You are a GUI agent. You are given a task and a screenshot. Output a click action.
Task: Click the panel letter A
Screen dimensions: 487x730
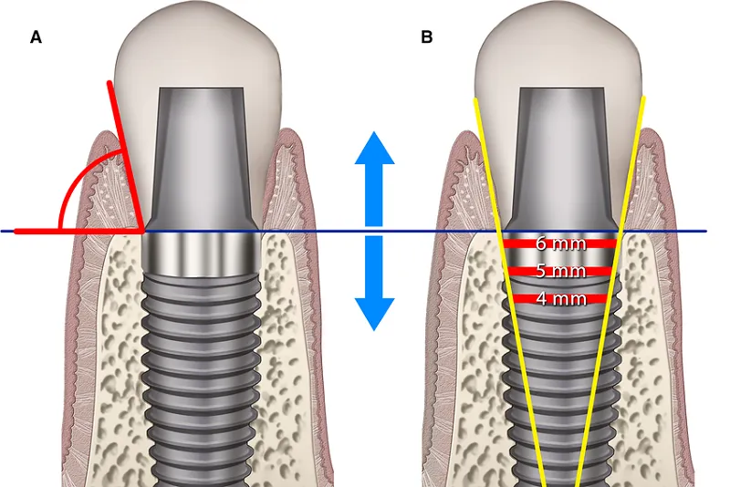(36, 37)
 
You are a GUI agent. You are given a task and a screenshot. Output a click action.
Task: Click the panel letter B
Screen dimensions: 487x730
(427, 37)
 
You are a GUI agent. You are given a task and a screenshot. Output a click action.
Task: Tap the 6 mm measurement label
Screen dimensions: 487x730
(560, 243)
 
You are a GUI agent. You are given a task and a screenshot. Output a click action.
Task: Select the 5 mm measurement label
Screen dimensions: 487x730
(560, 271)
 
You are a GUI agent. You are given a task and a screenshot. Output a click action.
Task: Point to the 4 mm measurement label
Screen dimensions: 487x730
(560, 298)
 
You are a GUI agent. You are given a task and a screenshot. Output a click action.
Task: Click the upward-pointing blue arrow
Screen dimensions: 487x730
(374, 173)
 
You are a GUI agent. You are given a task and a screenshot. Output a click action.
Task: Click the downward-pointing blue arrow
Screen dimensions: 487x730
(374, 287)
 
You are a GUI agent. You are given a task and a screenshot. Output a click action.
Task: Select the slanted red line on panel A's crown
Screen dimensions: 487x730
(124, 155)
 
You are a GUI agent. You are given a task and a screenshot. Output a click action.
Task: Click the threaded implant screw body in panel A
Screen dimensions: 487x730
(202, 365)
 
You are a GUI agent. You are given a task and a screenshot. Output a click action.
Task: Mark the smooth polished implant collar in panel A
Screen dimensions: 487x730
(202, 251)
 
